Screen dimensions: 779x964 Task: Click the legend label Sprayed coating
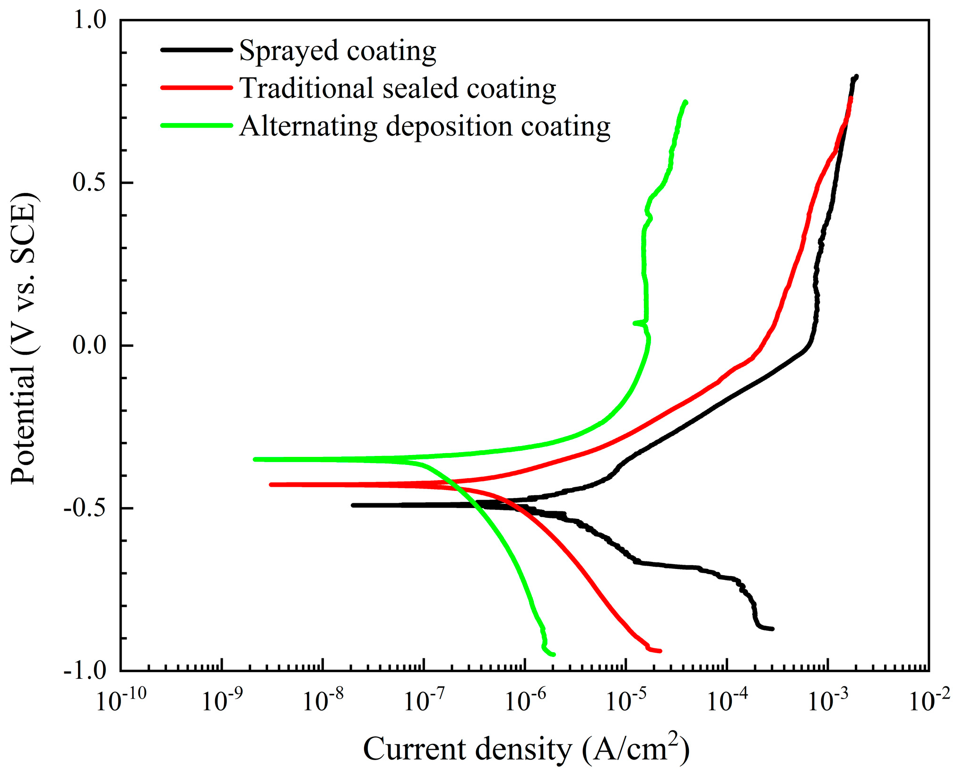(338, 51)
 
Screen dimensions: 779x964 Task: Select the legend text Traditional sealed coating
(398, 88)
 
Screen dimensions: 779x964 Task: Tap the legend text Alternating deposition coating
(425, 126)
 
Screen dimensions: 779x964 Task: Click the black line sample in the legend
(197, 50)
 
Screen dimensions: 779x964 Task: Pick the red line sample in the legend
(197, 88)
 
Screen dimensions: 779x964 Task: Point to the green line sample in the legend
(197, 125)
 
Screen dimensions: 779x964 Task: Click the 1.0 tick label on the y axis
(90, 20)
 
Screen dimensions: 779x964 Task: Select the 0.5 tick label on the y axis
(90, 183)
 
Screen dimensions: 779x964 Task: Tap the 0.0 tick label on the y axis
(90, 345)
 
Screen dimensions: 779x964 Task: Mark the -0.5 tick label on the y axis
(85, 508)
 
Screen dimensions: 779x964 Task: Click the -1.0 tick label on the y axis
(85, 670)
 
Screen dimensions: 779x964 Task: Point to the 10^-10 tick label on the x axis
(121, 700)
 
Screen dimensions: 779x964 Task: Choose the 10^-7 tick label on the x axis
(424, 700)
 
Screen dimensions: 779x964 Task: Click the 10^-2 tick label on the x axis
(929, 700)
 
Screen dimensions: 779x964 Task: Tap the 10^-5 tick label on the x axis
(626, 700)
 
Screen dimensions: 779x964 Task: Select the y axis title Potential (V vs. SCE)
(24, 338)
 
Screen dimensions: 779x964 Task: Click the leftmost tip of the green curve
(255, 459)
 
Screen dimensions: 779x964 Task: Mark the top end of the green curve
(686, 102)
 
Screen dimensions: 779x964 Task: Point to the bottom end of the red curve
(660, 651)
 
